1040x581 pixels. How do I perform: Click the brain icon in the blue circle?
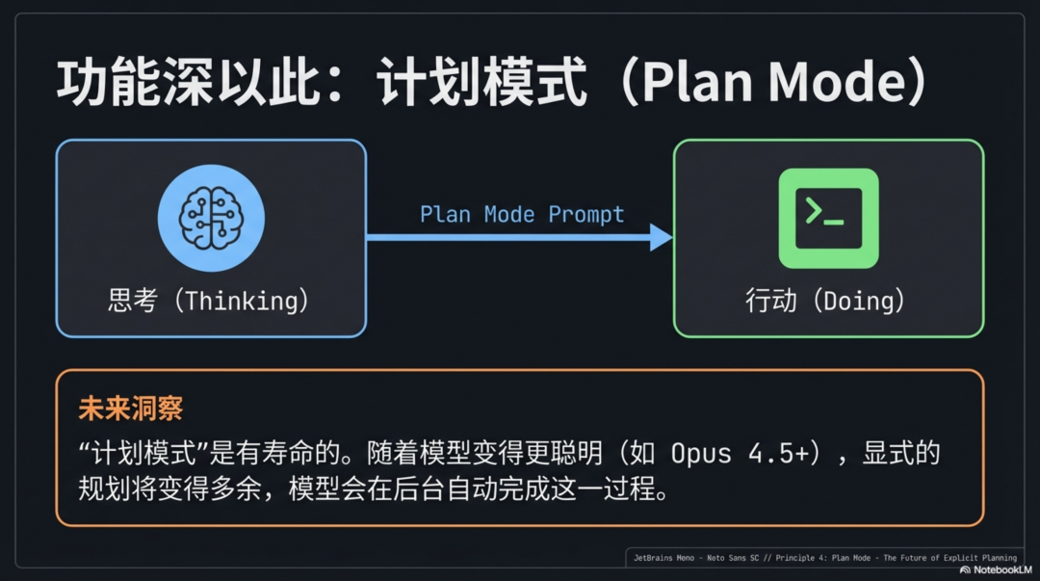coord(211,218)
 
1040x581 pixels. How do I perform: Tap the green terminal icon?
coord(828,218)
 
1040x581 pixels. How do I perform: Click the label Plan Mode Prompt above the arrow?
coord(522,214)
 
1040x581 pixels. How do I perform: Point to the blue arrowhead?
coord(662,237)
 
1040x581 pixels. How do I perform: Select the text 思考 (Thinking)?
coord(209,301)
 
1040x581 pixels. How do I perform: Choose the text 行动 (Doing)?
coord(826,301)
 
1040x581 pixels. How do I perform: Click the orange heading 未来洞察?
coord(131,409)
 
